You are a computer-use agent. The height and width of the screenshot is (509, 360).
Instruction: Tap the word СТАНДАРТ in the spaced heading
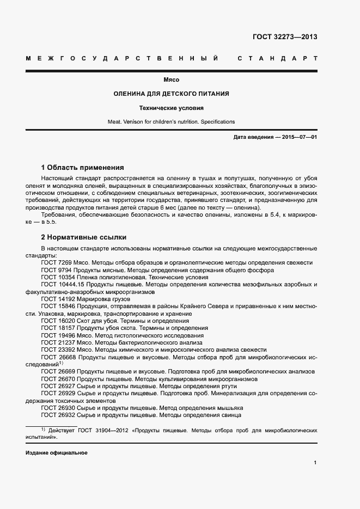278,58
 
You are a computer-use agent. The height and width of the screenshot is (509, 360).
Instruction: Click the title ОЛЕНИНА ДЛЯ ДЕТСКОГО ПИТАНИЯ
171,94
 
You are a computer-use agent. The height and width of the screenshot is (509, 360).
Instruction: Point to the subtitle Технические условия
171,108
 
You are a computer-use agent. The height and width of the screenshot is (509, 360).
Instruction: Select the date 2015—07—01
300,137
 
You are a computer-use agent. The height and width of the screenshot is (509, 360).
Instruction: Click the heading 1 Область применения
83,168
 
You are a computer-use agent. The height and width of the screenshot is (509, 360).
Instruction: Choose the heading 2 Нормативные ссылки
84,237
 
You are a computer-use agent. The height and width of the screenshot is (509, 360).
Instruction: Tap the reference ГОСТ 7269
57,263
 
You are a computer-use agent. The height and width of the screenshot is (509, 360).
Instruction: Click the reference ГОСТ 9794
57,270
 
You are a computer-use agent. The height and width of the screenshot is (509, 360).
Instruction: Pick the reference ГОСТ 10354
58,277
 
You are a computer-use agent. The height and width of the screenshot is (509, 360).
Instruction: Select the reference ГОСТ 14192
58,299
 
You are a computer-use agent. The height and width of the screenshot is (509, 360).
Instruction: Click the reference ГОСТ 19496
58,336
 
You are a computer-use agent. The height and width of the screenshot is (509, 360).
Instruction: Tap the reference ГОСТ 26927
58,386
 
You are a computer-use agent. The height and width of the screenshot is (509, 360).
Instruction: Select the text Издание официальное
56,453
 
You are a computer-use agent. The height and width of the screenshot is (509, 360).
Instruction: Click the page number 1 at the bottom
315,463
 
